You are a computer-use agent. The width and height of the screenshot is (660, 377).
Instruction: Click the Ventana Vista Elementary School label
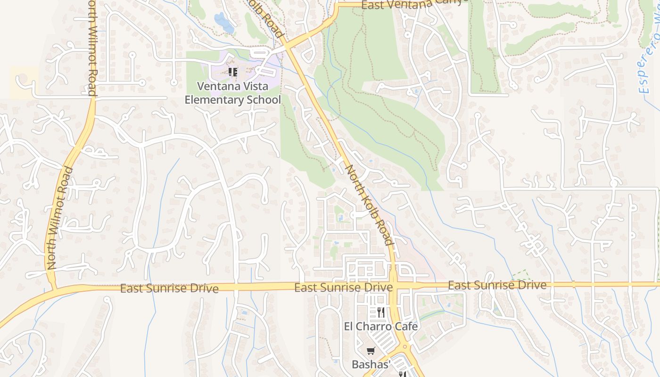point(232,93)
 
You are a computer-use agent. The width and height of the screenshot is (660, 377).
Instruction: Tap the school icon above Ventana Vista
point(232,72)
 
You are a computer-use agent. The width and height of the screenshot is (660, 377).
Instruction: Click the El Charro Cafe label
point(380,326)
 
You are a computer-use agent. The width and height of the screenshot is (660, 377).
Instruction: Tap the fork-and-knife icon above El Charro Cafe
point(381,312)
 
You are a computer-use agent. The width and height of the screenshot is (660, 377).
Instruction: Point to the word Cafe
point(406,326)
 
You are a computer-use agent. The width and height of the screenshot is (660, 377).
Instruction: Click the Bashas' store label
point(372,364)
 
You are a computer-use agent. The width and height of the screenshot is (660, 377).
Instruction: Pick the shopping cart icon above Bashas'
point(371,351)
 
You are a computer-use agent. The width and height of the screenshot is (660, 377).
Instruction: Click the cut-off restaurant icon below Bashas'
point(402,374)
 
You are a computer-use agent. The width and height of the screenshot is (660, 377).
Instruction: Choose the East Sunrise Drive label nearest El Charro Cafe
point(343,287)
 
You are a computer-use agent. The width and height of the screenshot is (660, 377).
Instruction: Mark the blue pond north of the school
point(223,22)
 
